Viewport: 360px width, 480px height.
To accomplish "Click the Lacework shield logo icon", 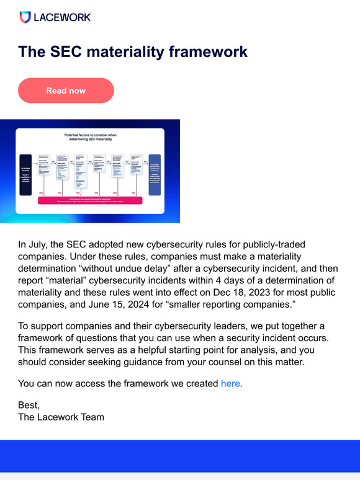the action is coord(25,17).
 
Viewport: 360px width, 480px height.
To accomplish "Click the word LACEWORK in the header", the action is coord(63,17).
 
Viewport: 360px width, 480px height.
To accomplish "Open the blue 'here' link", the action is coord(230,383).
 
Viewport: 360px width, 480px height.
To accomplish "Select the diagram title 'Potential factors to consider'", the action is coord(90,137).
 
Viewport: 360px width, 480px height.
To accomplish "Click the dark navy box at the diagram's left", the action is coord(25,174).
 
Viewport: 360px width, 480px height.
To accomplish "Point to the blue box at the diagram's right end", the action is coord(155,174).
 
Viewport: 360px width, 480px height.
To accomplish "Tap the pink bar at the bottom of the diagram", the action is coord(90,200).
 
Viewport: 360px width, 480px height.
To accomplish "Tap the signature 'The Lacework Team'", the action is coord(61,417).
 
